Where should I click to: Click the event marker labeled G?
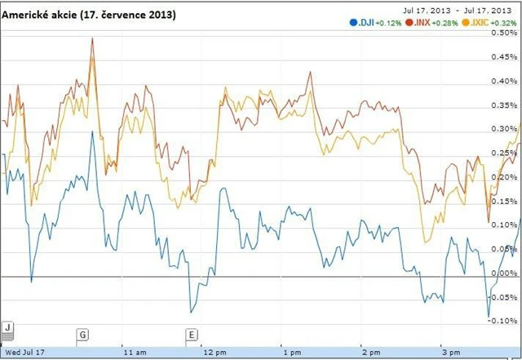[x=82, y=334]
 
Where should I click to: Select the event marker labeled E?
[x=192, y=334]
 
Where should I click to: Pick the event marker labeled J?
[x=7, y=327]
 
